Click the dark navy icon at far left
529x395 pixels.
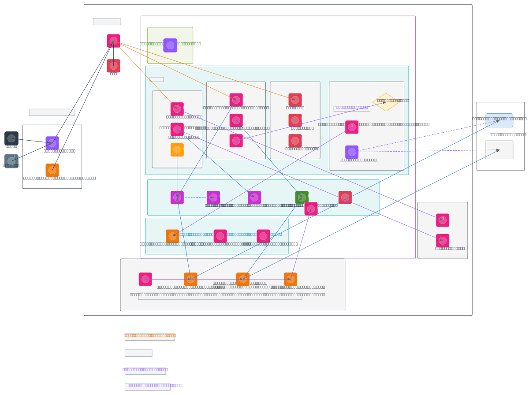point(11,138)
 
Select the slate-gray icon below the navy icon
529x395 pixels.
point(11,161)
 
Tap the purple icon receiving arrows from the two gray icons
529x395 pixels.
point(52,143)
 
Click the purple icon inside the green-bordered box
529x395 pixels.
point(170,45)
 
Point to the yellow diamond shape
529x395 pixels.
point(386,102)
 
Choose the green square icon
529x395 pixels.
point(302,197)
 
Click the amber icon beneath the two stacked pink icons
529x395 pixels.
point(177,150)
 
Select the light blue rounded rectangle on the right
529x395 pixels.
point(499,120)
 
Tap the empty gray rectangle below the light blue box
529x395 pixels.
point(499,150)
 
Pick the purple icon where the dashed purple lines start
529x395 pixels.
point(352,152)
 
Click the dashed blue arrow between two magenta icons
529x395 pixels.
point(195,197)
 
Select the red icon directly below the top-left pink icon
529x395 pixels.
point(113,66)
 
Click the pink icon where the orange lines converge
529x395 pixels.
point(113,41)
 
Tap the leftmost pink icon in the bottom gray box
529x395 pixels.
point(145,279)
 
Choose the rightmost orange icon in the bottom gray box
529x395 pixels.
point(291,279)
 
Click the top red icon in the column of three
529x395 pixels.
point(295,100)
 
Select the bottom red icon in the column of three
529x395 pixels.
point(295,141)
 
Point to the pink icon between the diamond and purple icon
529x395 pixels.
point(352,127)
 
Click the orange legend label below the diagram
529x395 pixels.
point(149,335)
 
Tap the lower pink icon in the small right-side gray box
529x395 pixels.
point(443,241)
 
